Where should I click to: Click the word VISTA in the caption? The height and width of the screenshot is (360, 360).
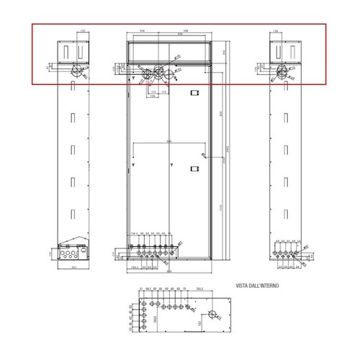pyautogui.click(x=243, y=286)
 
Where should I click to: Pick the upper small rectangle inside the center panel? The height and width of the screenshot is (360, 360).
pyautogui.click(x=193, y=93)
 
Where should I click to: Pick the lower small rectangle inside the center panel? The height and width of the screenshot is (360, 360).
pyautogui.click(x=193, y=170)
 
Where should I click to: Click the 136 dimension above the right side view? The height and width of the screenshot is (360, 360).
pyautogui.click(x=277, y=32)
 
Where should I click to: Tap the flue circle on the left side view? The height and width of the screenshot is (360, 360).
pyautogui.click(x=74, y=71)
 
